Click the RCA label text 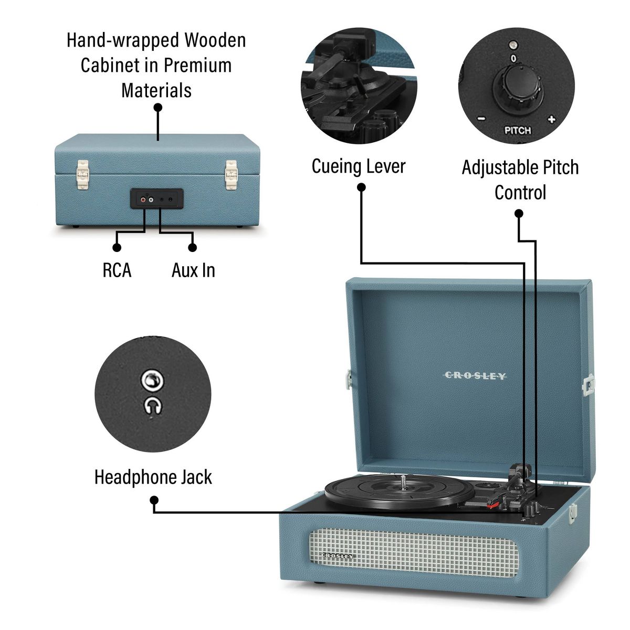[x=117, y=270]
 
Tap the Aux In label [x=193, y=270]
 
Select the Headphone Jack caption [x=153, y=477]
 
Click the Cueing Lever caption [x=359, y=166]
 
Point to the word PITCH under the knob [x=517, y=130]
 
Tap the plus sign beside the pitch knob [x=551, y=119]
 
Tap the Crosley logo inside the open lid [x=475, y=376]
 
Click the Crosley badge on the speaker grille [x=338, y=555]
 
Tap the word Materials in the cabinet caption [x=156, y=90]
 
